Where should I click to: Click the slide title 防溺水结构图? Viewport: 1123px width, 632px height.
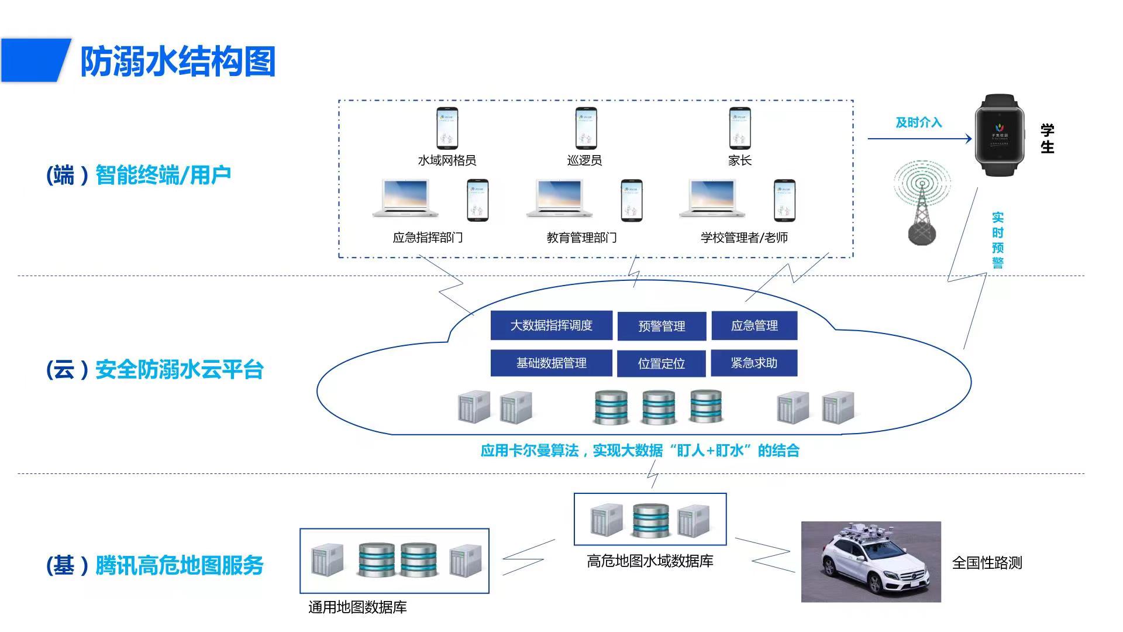coord(177,62)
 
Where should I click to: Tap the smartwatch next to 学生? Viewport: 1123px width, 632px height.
coord(1000,135)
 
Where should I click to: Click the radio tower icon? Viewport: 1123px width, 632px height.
coord(922,202)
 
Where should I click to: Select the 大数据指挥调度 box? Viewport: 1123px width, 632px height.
coord(551,325)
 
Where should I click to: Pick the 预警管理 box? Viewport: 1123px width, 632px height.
coord(662,326)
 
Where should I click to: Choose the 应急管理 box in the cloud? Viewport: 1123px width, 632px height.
coord(754,325)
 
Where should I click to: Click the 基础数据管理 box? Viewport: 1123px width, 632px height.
coord(551,363)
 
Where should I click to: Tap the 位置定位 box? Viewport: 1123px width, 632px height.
coord(661,363)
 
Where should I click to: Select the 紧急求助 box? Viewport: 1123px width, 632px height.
coord(754,363)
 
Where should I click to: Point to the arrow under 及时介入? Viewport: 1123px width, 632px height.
coord(919,139)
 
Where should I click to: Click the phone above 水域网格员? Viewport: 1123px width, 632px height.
coord(447,128)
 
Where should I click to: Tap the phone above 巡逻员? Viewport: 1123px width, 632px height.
coord(585,128)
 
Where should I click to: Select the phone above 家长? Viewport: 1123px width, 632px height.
coord(739,128)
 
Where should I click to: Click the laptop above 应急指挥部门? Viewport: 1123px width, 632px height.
coord(405,199)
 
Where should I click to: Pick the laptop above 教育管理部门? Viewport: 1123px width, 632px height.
coord(559,199)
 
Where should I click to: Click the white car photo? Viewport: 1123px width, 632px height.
coord(871,562)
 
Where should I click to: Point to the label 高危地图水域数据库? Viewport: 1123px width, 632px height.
coord(650,561)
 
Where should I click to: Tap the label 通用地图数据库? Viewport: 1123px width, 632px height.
coord(357,607)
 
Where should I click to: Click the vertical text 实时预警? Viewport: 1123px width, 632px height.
coord(997,240)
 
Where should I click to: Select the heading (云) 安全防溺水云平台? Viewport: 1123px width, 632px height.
coord(155,370)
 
